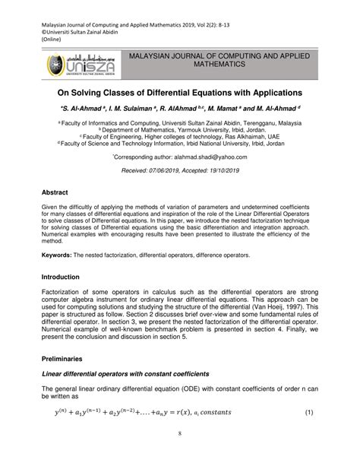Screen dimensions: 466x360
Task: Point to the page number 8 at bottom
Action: pos(180,455)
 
